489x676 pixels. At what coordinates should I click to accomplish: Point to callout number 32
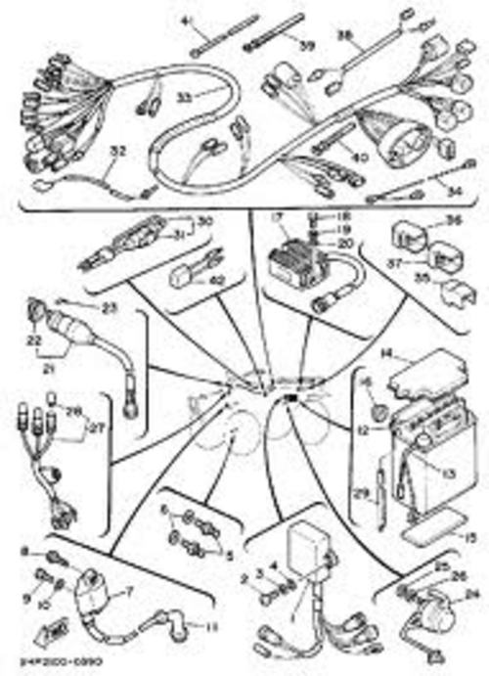click(x=118, y=151)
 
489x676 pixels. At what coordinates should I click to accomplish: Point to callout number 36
click(x=453, y=221)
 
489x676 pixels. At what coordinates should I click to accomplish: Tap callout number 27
click(x=96, y=427)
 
